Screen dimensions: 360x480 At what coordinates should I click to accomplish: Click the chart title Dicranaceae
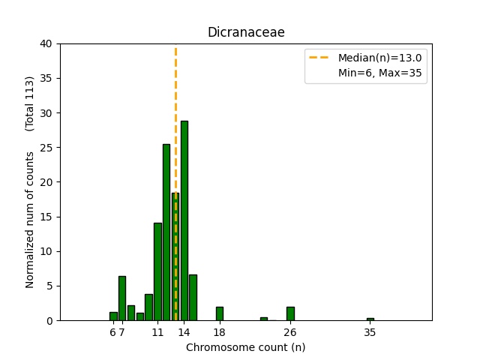tap(246, 32)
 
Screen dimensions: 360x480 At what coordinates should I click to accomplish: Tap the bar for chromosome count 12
tap(166, 232)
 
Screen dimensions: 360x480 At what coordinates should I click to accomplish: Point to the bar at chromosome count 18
tap(219, 313)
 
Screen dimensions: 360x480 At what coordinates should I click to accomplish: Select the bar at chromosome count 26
tap(290, 313)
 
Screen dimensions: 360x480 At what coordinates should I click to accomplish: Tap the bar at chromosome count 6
tap(113, 316)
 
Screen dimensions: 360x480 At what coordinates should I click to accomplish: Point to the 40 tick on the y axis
tap(46, 43)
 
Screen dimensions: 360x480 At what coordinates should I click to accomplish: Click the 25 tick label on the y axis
tap(46, 148)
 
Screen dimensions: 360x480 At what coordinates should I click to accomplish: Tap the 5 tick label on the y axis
tap(49, 286)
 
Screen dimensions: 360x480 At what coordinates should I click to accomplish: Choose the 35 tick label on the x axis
tap(370, 331)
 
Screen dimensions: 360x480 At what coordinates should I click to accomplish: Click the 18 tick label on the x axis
tap(219, 331)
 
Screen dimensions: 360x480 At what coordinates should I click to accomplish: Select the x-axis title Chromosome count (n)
tap(246, 347)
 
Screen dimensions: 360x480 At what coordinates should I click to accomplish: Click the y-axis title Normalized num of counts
tap(30, 219)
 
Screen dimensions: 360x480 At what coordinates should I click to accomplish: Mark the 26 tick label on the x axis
tap(290, 331)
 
